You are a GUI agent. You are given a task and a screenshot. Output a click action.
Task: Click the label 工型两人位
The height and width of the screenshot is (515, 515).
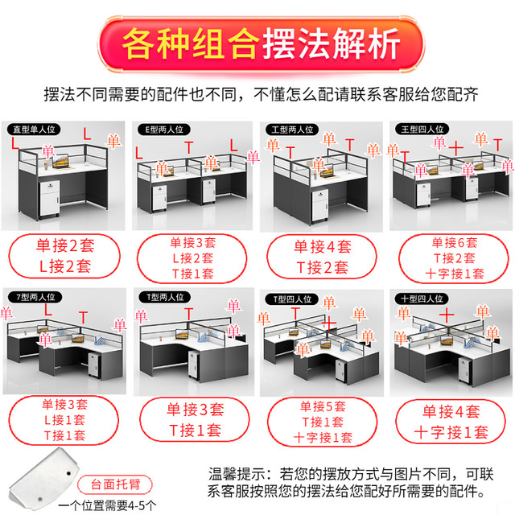290,129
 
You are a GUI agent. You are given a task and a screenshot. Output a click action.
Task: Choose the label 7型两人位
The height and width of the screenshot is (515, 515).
29,298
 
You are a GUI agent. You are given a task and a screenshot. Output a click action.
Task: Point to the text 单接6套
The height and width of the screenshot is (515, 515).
454,241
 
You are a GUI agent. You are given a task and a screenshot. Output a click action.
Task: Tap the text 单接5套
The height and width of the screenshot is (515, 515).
322,406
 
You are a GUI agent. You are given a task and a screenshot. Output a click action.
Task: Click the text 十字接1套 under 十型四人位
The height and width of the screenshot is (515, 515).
451,431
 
